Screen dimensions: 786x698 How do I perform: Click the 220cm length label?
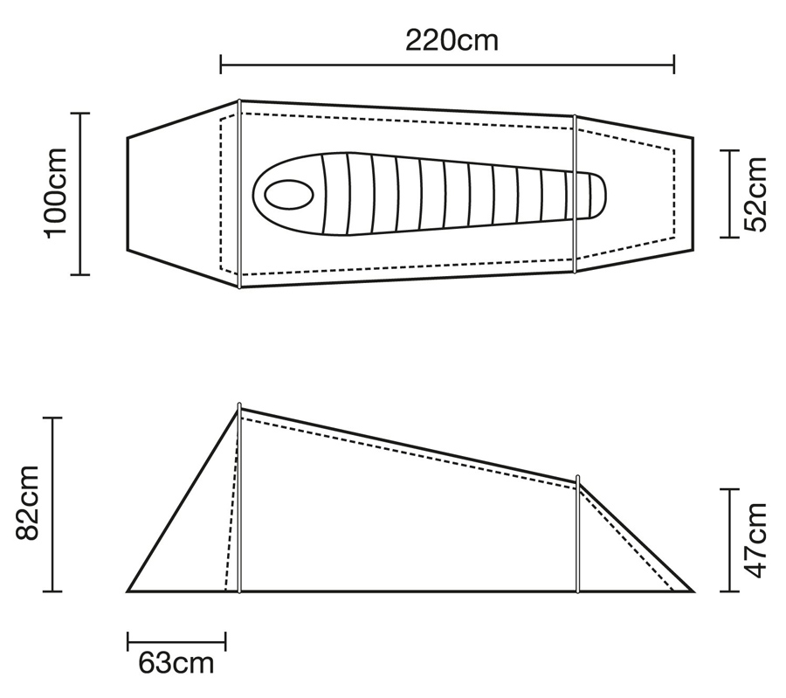[x=452, y=40]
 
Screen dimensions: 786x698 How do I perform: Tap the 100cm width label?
[x=56, y=194]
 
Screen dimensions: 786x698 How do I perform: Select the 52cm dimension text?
[x=755, y=194]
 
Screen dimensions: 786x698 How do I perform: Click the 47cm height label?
[x=755, y=540]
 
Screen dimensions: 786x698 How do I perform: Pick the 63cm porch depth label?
[x=176, y=663]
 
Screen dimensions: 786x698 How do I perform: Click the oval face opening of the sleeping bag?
[x=289, y=195]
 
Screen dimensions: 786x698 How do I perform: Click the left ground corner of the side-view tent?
[x=128, y=591]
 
